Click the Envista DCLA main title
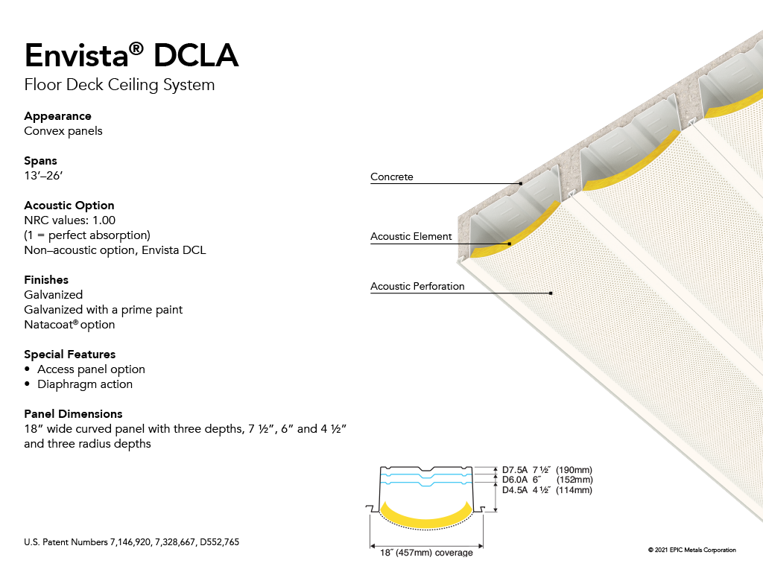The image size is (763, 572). [x=131, y=54]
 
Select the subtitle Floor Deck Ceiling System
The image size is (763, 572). [x=119, y=85]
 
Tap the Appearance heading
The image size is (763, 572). [x=57, y=116]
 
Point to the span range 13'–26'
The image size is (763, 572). [x=43, y=176]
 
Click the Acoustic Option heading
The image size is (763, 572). [x=69, y=206]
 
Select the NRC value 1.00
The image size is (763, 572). [x=104, y=220]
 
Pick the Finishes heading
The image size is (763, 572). [x=46, y=280]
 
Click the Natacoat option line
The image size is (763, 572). [x=69, y=325]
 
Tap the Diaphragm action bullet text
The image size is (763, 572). [x=85, y=384]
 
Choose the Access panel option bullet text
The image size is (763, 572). [x=91, y=369]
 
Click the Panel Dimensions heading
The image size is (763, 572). [x=73, y=414]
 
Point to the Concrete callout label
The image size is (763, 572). [x=392, y=177]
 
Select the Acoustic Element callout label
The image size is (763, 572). [x=411, y=236]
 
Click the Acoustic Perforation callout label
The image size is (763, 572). [x=417, y=287]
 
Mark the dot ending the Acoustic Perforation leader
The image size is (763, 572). [x=551, y=293]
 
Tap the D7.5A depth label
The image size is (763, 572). [x=515, y=470]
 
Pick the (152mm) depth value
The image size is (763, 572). [x=574, y=480]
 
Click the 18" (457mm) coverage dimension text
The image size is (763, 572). [x=426, y=553]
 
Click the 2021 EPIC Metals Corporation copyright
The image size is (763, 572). [x=692, y=550]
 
